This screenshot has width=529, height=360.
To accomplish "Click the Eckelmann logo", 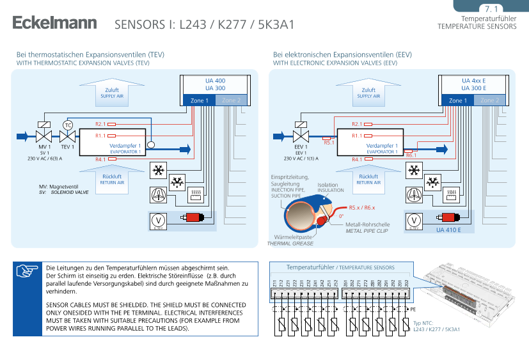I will point(54,24).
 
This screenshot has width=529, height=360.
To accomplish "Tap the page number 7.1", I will point(491,9).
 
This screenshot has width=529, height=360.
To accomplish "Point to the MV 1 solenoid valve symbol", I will point(44,136).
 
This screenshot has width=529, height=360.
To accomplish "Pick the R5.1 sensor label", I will point(329,143).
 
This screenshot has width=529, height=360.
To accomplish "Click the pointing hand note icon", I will point(27,271).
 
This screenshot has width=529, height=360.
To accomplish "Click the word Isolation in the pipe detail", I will point(328,185).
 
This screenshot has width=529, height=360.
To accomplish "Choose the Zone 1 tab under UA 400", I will point(196,100).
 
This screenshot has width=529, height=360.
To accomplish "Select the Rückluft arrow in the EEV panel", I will point(368,178).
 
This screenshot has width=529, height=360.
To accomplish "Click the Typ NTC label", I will point(423,324).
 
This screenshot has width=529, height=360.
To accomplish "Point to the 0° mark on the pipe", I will point(341,216).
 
